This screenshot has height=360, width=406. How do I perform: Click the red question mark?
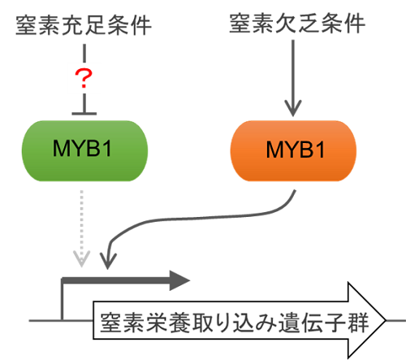84,78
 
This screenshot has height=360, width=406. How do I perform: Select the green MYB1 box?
84,151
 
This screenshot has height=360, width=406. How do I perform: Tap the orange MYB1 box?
293,151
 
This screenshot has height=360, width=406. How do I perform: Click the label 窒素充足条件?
84,25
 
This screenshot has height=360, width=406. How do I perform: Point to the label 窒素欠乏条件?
297,24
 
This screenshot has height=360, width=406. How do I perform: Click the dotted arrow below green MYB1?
82,228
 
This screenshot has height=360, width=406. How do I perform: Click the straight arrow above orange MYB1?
293,78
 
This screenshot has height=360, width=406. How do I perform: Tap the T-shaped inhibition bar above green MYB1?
84,114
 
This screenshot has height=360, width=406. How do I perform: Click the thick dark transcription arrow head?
179,280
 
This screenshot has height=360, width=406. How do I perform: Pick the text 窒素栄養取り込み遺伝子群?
235,323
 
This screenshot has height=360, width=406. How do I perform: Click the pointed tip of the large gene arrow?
386,320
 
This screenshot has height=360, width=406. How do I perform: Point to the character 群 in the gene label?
358,323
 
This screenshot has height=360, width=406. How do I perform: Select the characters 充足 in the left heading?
84,25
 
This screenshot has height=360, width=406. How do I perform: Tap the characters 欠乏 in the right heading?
297,24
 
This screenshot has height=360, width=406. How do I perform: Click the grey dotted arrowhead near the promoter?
82,259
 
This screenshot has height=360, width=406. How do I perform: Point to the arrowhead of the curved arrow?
108,261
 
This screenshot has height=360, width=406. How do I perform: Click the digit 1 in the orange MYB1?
320,150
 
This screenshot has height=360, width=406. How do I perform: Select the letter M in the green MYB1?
60,148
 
